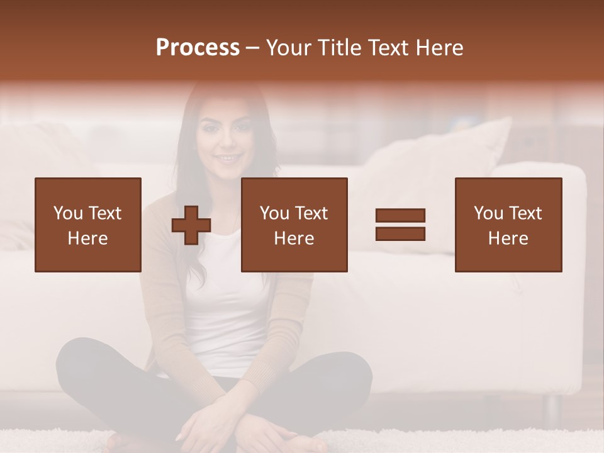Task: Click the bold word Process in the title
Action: [198, 48]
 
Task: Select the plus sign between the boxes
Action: [191, 225]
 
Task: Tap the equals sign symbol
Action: [400, 225]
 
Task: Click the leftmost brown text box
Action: [87, 225]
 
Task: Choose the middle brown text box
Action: [294, 225]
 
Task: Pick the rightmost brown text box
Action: [508, 225]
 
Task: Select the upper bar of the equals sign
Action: [400, 216]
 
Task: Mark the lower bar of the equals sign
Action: [400, 233]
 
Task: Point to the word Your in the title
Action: [289, 48]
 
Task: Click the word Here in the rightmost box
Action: [508, 238]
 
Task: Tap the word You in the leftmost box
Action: [67, 213]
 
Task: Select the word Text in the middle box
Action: [311, 213]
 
